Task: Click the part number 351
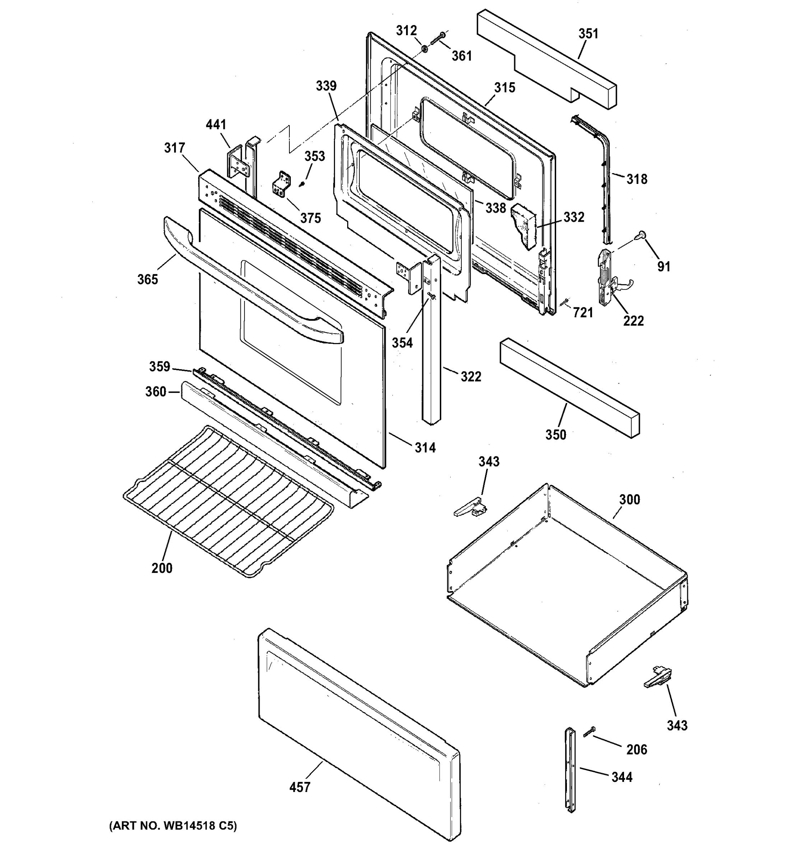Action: [588, 34]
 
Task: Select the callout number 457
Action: [299, 787]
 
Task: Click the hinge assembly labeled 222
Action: [607, 278]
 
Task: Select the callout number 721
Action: [583, 312]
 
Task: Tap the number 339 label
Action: [326, 86]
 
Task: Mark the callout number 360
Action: [155, 392]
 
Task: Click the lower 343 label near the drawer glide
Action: [677, 726]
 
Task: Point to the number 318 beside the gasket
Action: [637, 179]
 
